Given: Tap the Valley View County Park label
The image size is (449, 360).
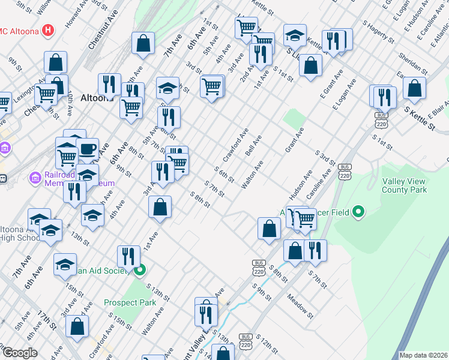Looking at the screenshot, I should (x=404, y=185).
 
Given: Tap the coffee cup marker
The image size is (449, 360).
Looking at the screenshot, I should (x=87, y=148).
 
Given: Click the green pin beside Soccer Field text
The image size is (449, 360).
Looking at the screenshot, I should (x=359, y=212).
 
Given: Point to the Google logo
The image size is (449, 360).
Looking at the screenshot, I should (x=19, y=353).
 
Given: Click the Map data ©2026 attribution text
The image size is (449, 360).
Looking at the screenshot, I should (x=423, y=355).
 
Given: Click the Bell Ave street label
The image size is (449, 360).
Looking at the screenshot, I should (x=253, y=146).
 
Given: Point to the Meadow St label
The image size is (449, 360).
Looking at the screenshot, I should (x=300, y=305).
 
